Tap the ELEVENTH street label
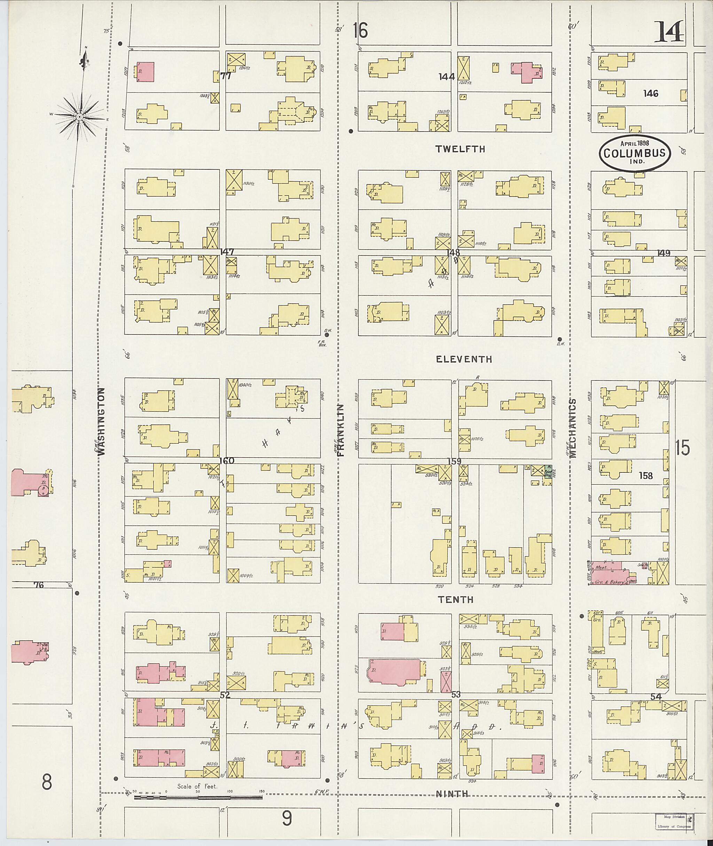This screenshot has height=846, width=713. tap(464, 359)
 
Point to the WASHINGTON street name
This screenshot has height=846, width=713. tap(102, 421)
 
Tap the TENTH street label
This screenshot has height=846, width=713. tap(456, 599)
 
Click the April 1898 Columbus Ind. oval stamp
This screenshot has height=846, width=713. tap(635, 153)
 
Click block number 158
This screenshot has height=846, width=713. tap(645, 476)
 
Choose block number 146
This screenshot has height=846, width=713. tap(651, 93)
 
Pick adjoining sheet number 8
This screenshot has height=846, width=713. tap(47, 783)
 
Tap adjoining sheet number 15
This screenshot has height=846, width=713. tap(682, 448)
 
